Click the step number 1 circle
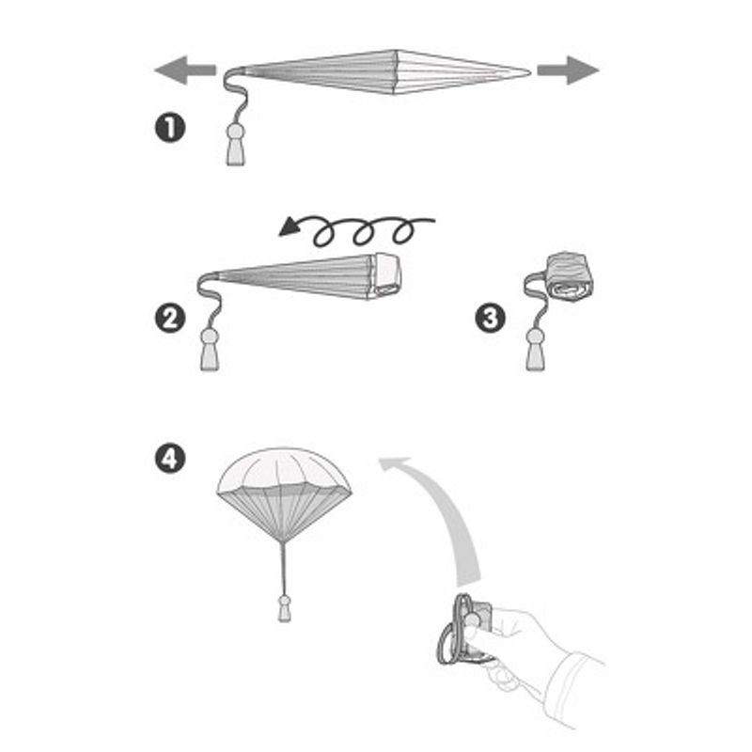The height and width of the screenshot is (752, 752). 170,128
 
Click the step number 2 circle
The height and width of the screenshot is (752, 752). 170,319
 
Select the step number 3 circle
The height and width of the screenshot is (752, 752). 490,318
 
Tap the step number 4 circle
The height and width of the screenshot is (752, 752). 170,459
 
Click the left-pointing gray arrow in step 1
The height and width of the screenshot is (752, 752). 185,70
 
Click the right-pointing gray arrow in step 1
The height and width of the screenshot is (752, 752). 569,70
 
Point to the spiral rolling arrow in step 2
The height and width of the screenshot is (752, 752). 357,229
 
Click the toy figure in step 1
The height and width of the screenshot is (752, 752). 236,145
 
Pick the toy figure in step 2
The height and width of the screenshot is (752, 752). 210,349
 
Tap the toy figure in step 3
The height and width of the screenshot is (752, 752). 535,349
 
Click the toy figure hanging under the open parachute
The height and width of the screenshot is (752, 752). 285,608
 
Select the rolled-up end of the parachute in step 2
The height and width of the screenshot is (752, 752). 386,275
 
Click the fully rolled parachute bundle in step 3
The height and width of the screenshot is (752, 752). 570,277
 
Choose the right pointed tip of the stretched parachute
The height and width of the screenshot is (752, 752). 530,72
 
